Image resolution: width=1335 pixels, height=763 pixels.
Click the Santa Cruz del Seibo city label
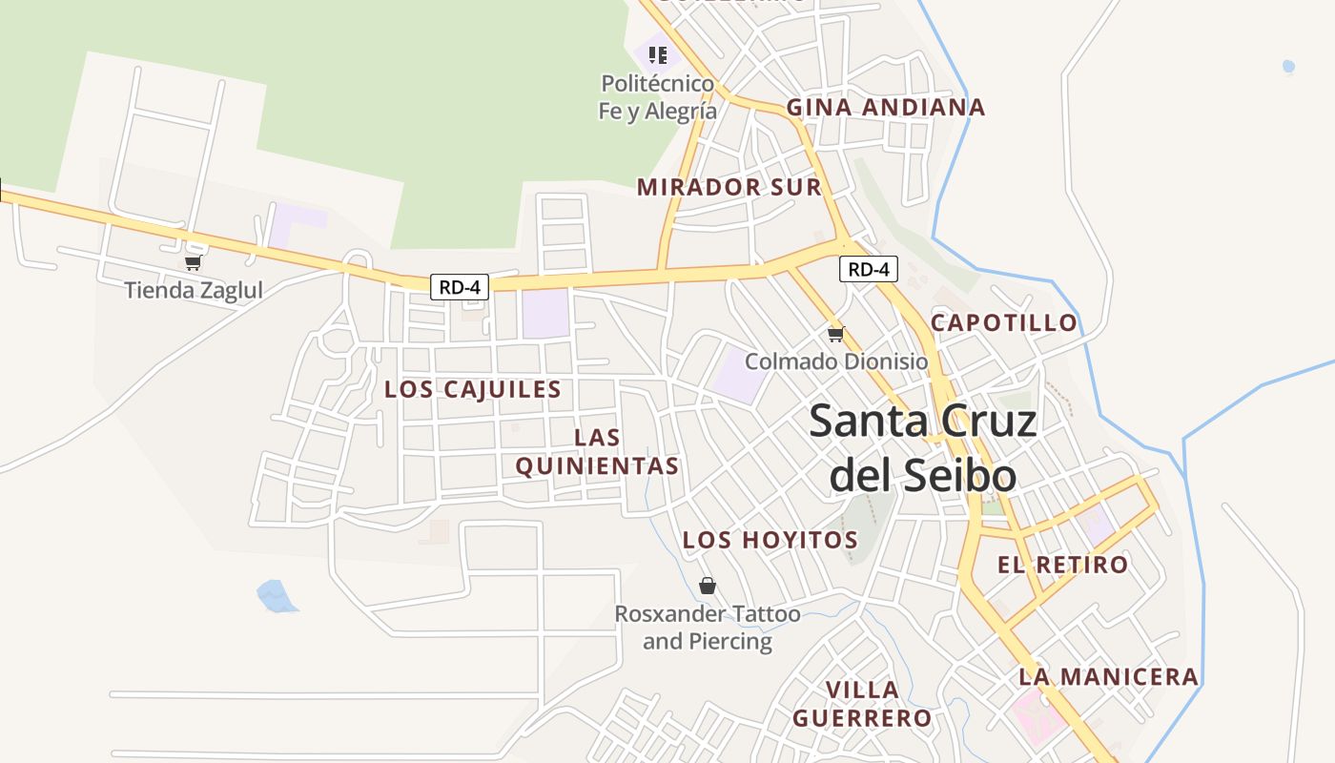point(922,447)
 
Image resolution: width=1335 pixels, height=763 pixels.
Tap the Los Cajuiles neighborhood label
point(472,389)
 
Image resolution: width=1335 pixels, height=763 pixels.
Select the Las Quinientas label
point(597,451)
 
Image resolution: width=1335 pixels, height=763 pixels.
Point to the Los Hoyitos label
point(770,540)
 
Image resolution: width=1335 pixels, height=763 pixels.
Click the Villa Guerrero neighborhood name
point(862,703)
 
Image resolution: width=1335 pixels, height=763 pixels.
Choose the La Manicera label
point(1108,676)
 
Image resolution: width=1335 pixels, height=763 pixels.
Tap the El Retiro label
point(1062,564)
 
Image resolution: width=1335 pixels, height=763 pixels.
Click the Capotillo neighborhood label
point(1004,322)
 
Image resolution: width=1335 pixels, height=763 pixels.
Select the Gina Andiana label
point(885,107)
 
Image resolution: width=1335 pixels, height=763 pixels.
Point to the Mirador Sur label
point(729,187)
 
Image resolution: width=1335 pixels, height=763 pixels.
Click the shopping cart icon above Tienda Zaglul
point(194,262)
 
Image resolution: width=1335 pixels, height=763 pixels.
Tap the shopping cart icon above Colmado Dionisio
point(836,334)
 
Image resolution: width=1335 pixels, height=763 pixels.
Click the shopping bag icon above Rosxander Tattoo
point(708,585)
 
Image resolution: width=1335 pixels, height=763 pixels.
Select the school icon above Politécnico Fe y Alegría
point(657,54)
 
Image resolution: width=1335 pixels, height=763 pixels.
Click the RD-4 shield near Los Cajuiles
point(460,286)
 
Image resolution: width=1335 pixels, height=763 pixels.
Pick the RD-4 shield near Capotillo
point(869,269)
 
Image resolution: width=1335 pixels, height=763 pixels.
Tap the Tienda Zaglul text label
point(194,290)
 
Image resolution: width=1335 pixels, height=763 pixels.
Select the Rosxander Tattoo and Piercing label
point(708,627)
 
